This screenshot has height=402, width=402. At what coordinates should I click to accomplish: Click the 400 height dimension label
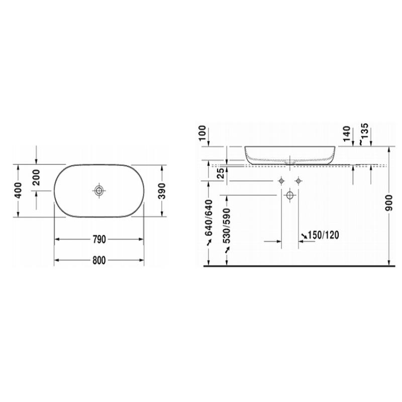[x=18, y=190]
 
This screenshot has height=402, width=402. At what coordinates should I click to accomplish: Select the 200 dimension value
[x=36, y=177]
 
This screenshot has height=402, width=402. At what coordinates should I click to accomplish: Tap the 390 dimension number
[x=162, y=190]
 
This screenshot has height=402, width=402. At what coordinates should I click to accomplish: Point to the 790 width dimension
[x=99, y=240]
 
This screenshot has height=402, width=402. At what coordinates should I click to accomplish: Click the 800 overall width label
[x=99, y=260]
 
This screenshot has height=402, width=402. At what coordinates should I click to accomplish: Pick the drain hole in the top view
[x=99, y=190]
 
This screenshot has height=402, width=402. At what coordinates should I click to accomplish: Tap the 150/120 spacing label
[x=322, y=235]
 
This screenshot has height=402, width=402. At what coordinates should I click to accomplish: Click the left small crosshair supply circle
[x=281, y=180]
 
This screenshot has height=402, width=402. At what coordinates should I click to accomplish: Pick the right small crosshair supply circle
[x=298, y=180]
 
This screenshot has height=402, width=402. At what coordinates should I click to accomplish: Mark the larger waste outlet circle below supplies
[x=290, y=195]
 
